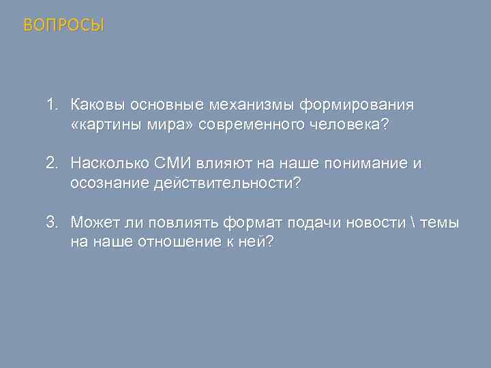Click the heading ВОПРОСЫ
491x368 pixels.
pyautogui.click(x=64, y=26)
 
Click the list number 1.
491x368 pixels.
pyautogui.click(x=51, y=106)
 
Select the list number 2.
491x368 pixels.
pyautogui.click(x=51, y=164)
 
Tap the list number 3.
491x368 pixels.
pyautogui.click(x=51, y=223)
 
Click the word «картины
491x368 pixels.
pyautogui.click(x=102, y=125)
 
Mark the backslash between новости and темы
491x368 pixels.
pyautogui.click(x=415, y=223)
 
